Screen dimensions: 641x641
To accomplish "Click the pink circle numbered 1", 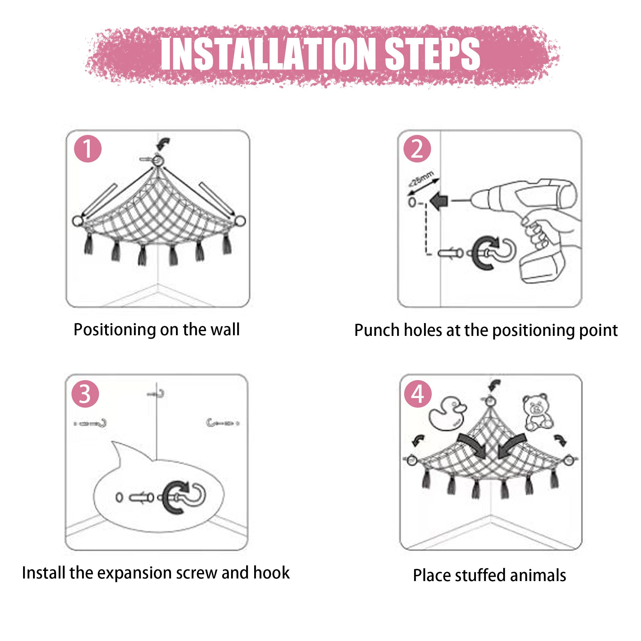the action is click(x=87, y=149).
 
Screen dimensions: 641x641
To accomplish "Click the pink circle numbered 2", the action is click(x=417, y=149).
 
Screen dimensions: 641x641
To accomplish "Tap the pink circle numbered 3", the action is click(x=85, y=394).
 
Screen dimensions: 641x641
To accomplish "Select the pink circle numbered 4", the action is click(x=418, y=394).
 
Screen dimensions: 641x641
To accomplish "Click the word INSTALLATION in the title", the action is click(x=268, y=54).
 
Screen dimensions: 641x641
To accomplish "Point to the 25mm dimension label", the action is click(x=421, y=179).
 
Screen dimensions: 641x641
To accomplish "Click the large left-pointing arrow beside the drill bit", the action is click(x=439, y=201).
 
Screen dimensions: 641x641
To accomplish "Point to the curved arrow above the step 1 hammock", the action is click(x=163, y=144).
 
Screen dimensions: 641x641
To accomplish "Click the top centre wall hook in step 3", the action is click(x=157, y=394).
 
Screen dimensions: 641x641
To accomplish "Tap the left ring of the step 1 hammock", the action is click(x=78, y=221).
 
